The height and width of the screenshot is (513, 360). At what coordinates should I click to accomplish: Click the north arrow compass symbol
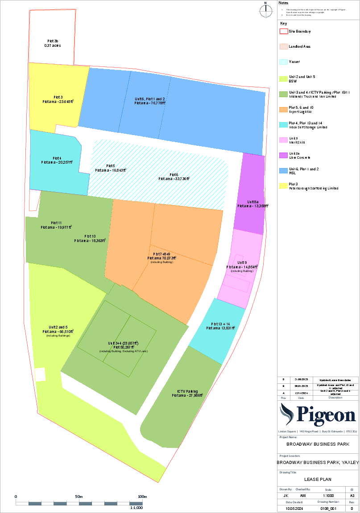point(265,10)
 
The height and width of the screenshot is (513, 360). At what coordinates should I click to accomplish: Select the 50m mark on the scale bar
point(79,497)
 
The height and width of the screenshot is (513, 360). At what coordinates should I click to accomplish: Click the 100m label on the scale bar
point(142,497)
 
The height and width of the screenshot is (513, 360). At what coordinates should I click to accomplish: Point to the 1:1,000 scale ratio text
point(136,508)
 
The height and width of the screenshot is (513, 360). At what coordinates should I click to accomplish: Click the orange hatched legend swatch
point(284,47)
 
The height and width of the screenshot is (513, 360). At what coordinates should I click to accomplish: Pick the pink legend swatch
point(284,140)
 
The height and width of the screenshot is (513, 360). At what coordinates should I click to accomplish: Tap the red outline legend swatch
point(284,32)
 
